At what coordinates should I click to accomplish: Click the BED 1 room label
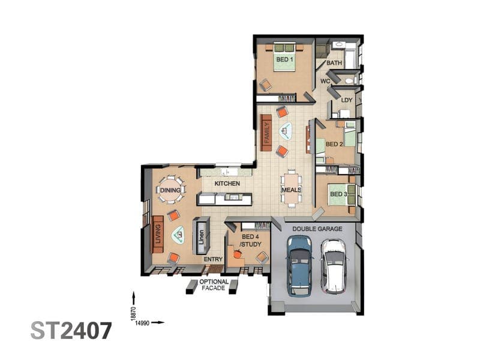(284, 59)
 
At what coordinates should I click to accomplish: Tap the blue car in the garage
(299, 266)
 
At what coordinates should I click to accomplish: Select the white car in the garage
(334, 266)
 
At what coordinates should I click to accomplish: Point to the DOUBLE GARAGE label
(317, 229)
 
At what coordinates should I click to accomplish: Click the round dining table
(170, 190)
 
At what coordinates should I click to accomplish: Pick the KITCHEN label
(227, 184)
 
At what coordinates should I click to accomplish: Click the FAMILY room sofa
(266, 133)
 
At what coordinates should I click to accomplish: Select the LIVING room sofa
(158, 234)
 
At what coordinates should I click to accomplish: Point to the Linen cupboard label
(201, 237)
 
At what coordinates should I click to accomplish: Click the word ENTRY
(213, 259)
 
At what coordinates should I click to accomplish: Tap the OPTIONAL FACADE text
(214, 284)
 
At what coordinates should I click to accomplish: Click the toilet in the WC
(349, 81)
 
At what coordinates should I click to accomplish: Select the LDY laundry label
(347, 100)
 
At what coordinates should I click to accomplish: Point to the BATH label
(334, 63)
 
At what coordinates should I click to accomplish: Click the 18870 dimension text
(133, 314)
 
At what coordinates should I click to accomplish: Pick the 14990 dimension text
(142, 323)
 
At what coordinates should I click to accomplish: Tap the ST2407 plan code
(71, 331)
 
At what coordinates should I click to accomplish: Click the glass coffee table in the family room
(286, 131)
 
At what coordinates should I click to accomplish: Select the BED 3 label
(338, 194)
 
